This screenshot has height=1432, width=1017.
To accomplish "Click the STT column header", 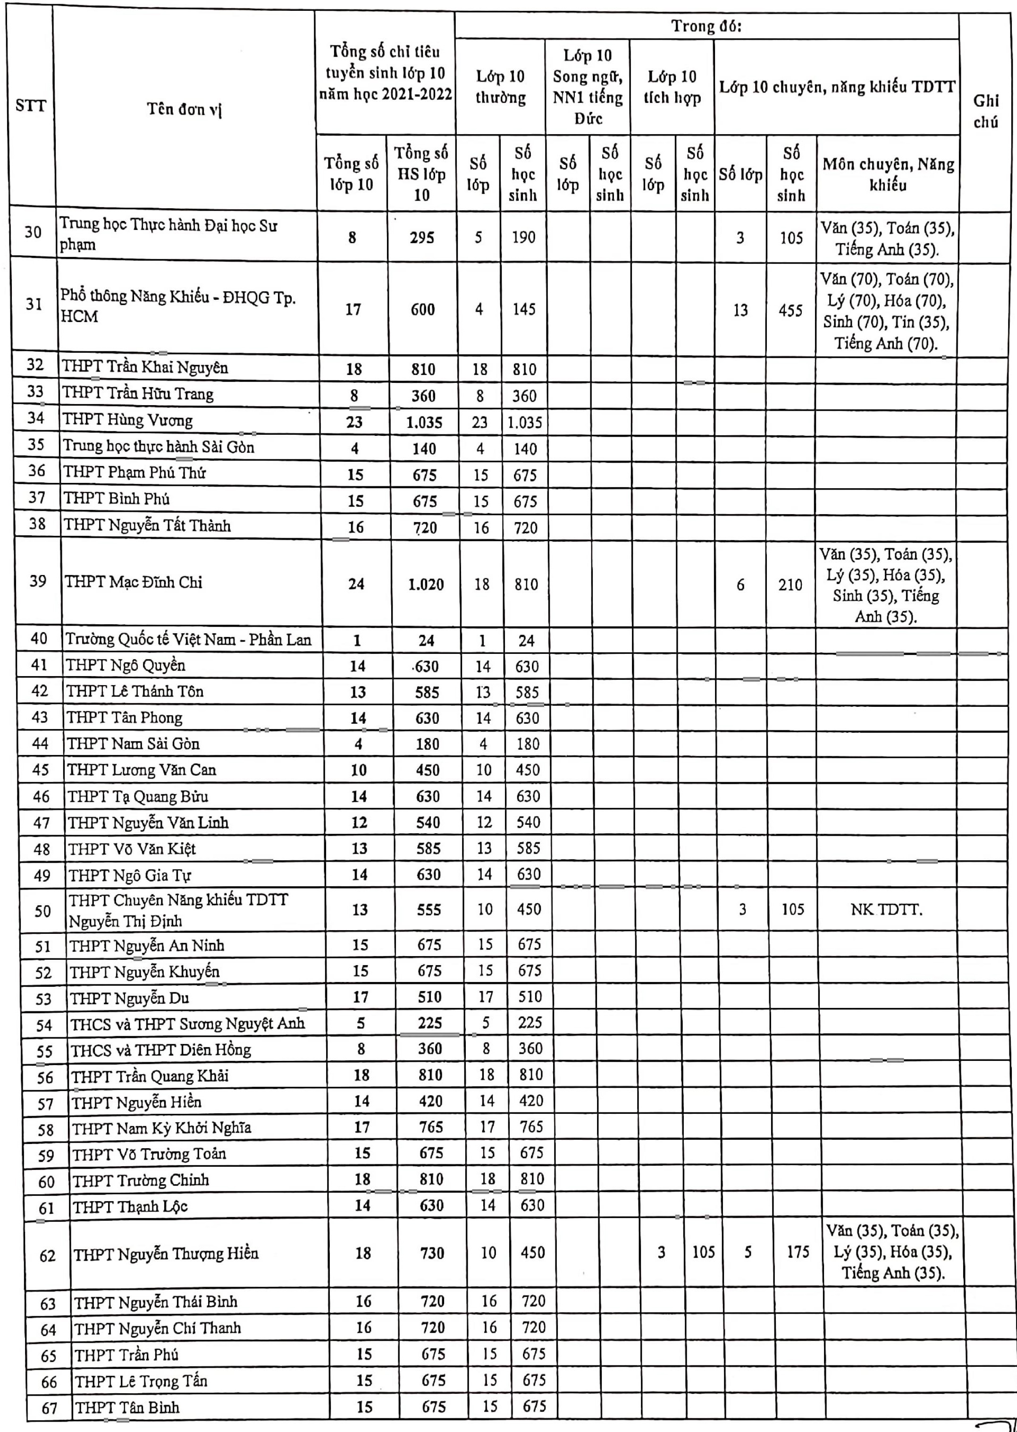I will (31, 106).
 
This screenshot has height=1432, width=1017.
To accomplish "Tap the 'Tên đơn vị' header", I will (185, 109).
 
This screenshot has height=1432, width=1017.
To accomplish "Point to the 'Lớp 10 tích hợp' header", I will (672, 87).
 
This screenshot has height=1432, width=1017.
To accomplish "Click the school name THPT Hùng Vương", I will (127, 420).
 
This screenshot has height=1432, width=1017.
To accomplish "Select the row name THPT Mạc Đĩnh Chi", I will (134, 583).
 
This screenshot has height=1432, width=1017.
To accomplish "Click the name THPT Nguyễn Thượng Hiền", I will (166, 1254).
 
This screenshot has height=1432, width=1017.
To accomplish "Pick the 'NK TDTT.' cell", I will (886, 909).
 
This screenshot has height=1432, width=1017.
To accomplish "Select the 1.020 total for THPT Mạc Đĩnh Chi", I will (426, 585).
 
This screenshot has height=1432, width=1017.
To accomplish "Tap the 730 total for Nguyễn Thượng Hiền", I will (432, 1253).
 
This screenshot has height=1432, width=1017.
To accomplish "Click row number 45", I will (40, 770).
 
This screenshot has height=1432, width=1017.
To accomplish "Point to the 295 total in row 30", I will (422, 237).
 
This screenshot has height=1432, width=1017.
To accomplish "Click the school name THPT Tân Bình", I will (127, 1407).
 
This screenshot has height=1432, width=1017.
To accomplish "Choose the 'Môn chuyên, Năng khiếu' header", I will (888, 174).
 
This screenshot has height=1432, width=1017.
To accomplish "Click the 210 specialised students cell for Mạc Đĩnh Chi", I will (790, 585).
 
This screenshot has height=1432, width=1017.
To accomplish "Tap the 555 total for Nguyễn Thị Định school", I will (429, 909).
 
